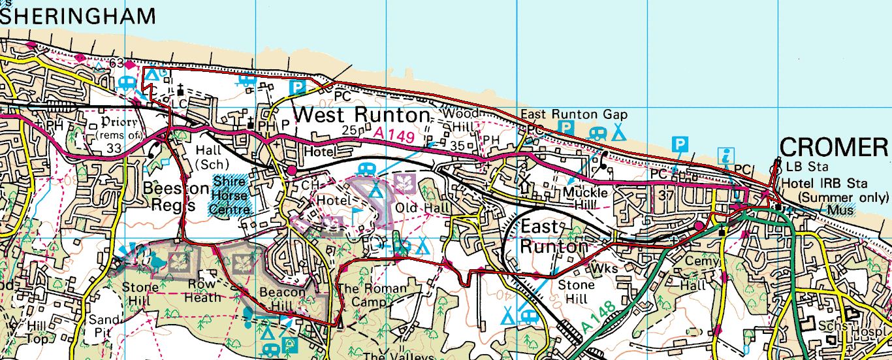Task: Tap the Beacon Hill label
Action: [x=282, y=299]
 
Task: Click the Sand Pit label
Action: [x=104, y=325]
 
